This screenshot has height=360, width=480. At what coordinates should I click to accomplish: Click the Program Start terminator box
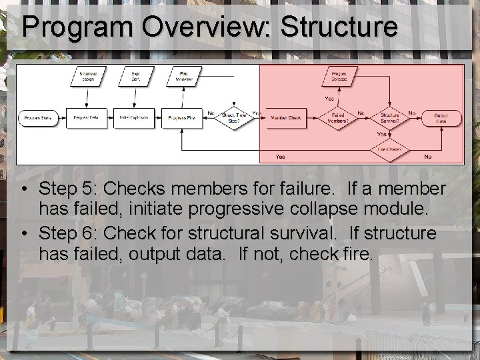tap(38, 118)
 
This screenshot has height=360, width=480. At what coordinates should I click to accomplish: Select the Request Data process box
tap(86, 118)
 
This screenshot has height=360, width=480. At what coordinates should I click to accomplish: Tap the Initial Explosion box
tap(133, 118)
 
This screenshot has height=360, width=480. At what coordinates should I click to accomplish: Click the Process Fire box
tap(181, 118)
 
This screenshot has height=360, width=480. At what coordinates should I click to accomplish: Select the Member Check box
tap(285, 118)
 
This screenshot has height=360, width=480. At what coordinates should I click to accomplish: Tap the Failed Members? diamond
tap(337, 118)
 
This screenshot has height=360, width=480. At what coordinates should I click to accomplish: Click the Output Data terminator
tap(441, 118)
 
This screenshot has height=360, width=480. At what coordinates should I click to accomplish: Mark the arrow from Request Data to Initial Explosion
tap(110, 118)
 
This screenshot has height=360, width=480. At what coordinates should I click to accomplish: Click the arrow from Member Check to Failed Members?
tap(313, 118)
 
